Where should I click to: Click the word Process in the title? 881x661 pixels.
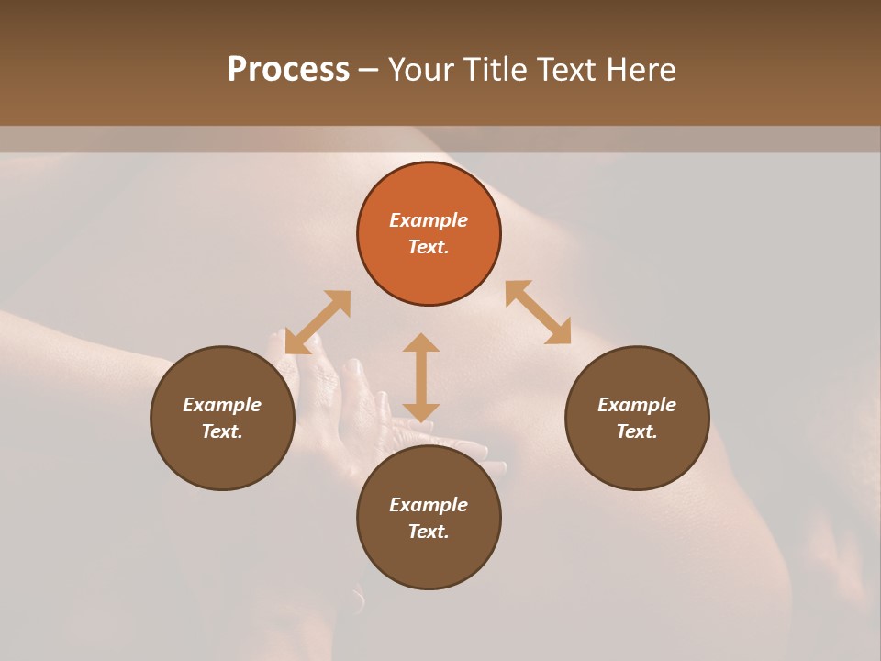tap(288, 70)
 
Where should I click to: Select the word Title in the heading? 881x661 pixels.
tap(496, 70)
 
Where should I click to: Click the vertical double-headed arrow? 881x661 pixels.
tap(421, 377)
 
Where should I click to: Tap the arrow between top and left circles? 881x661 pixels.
tap(318, 322)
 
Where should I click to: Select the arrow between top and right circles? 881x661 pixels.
tap(538, 312)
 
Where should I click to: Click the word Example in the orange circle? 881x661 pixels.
tap(429, 220)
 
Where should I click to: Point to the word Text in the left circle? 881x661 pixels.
tap(222, 431)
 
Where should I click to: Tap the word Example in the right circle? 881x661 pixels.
tap(637, 405)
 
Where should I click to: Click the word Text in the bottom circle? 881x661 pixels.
tap(429, 532)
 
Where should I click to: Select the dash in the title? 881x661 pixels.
tap(369, 70)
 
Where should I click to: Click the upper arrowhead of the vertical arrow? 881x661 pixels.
tap(421, 343)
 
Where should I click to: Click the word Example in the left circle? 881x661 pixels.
tap(222, 405)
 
